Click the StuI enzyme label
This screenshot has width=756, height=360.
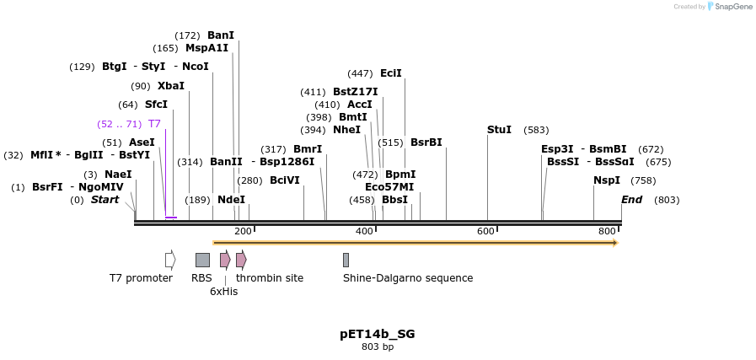pyautogui.click(x=499, y=130)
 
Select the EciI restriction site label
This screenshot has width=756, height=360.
pyautogui.click(x=390, y=73)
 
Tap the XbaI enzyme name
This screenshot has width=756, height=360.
pyautogui.click(x=170, y=86)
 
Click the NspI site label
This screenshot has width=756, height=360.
pyautogui.click(x=606, y=180)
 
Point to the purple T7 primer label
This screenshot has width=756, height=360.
pyautogui.click(x=154, y=124)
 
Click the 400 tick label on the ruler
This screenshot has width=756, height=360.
pyautogui.click(x=364, y=231)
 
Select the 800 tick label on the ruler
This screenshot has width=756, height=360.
pyautogui.click(x=607, y=231)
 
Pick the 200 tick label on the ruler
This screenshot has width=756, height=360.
pyautogui.click(x=243, y=231)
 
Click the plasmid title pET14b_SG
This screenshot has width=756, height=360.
pyautogui.click(x=378, y=334)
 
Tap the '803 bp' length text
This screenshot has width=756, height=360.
pyautogui.click(x=378, y=347)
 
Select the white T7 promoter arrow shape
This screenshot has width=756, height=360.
pyautogui.click(x=170, y=260)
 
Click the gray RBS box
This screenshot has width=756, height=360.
pyautogui.click(x=202, y=260)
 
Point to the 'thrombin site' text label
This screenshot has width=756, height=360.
pyautogui.click(x=270, y=278)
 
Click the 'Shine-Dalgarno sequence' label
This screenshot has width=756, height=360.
pyautogui.click(x=408, y=278)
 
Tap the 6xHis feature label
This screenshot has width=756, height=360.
pyautogui.click(x=224, y=292)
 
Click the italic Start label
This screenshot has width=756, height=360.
pyautogui.click(x=105, y=200)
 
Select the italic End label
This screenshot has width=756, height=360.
pyautogui.click(x=631, y=200)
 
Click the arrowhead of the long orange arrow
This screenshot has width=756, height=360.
pyautogui.click(x=615, y=243)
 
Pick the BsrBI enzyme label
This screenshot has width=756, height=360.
pyautogui.click(x=426, y=142)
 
